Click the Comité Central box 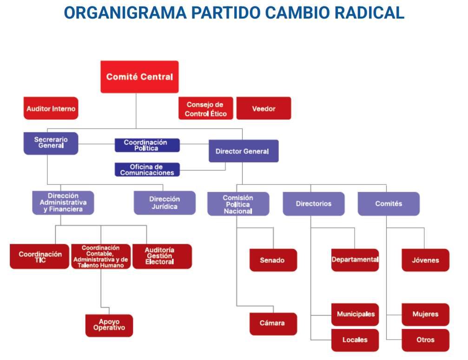tap(139, 77)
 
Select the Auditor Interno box tap(51, 108)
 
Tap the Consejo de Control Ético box tap(205, 108)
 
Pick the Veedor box tap(264, 108)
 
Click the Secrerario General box tap(51, 144)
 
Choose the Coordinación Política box tap(147, 145)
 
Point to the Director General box tap(244, 151)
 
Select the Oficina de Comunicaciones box tap(147, 170)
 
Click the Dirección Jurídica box tap(165, 203)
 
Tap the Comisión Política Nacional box tap(238, 204)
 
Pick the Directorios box tap(314, 204)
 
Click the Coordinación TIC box tap(40, 256)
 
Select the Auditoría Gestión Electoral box tap(162, 256)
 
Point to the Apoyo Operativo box tap(109, 326)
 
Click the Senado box tap(273, 260)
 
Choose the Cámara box tap(273, 324)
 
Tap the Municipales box tap(355, 314)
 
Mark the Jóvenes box tap(425, 260)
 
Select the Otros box tap(425, 340)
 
